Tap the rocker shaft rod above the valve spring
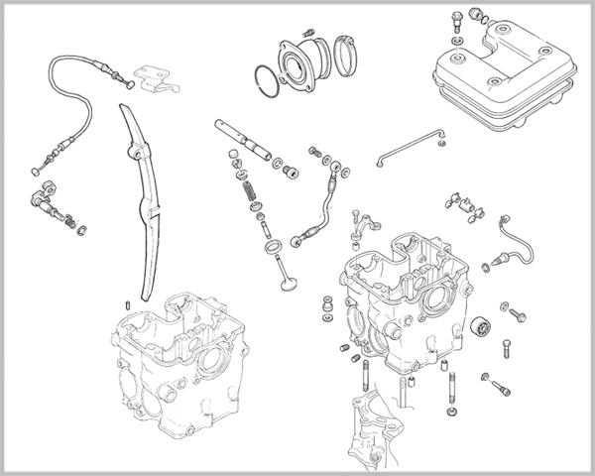point(244,140)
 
